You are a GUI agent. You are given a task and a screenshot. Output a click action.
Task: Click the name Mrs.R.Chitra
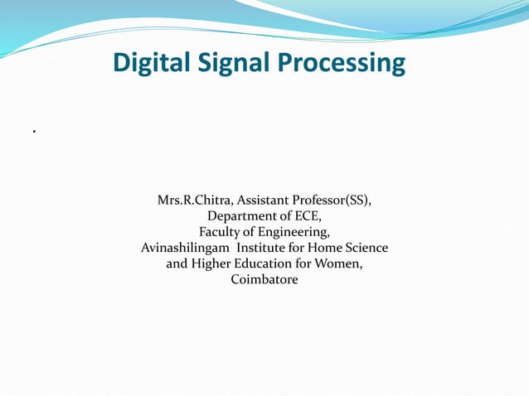192,200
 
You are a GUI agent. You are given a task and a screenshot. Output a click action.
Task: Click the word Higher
212,264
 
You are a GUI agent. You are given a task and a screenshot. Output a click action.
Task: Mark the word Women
342,264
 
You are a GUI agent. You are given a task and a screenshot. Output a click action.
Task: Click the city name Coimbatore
264,279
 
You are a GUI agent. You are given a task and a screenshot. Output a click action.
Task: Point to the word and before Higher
177,263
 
